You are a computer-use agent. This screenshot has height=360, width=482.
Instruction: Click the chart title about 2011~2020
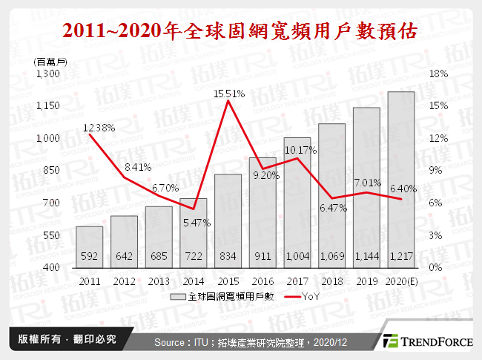[x=240, y=30]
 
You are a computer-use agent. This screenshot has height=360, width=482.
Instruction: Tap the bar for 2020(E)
[x=401, y=179]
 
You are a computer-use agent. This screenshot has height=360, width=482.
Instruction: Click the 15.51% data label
[x=228, y=94]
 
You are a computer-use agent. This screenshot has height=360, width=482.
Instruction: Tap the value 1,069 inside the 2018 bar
[x=331, y=257]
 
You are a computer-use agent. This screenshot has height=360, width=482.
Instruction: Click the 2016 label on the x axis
[x=262, y=281]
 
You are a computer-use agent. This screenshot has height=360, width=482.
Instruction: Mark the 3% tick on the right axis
[x=437, y=235]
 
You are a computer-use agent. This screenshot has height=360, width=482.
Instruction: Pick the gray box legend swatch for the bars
[x=176, y=296]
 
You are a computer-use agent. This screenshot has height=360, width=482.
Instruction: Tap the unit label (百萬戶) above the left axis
[x=51, y=62]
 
